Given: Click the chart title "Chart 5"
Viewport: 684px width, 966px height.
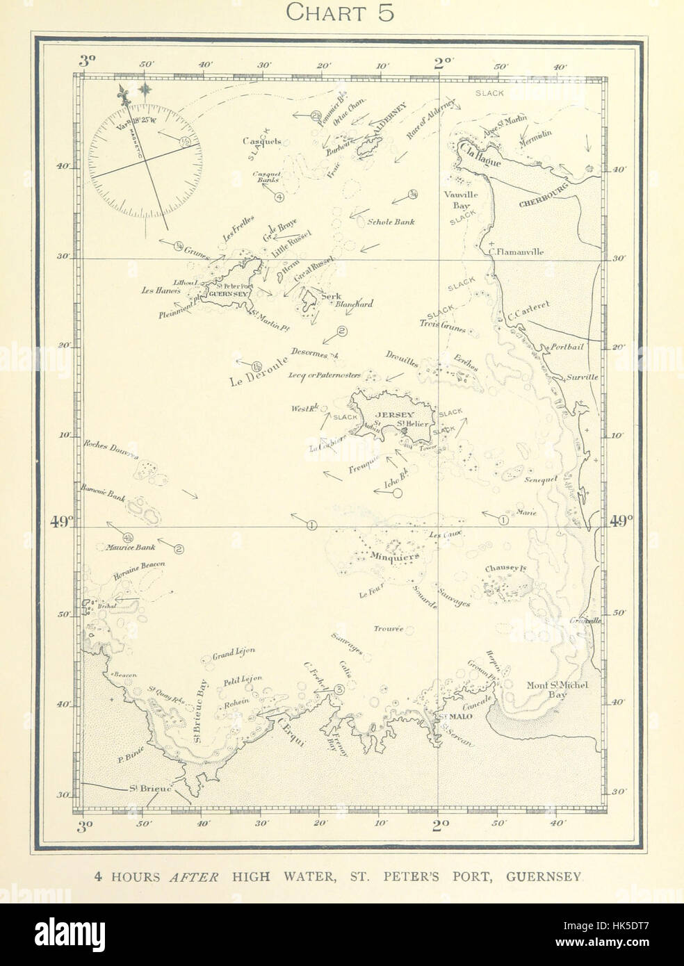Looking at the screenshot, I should click(341, 13).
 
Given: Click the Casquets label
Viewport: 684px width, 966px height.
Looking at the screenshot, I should click(261, 141).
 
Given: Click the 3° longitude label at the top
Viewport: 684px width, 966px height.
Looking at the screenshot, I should click(87, 60).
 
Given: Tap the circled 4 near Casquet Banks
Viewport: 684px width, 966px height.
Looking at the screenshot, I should click(279, 197).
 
